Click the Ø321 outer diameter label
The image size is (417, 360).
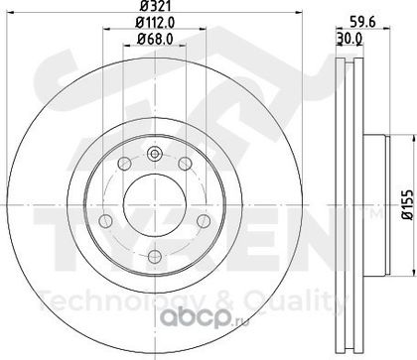point(155,6)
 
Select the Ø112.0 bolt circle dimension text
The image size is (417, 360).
point(155,23)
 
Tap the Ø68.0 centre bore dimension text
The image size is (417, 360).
point(155,40)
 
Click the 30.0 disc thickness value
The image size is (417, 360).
point(349,39)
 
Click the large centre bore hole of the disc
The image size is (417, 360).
point(155,205)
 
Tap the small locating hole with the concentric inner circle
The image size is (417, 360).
point(154,154)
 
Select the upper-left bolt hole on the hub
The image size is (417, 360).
point(124,164)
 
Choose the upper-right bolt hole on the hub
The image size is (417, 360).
point(185,164)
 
